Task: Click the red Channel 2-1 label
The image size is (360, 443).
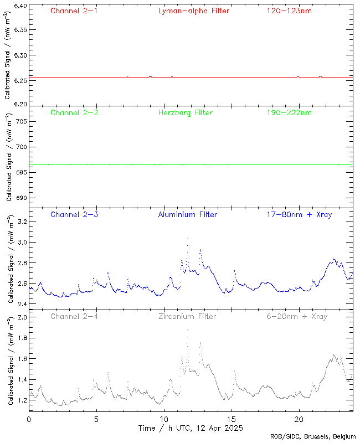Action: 74,11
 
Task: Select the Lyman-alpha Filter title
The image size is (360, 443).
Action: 193,11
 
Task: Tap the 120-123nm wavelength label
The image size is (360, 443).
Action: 289,11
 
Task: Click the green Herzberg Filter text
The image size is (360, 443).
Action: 185,112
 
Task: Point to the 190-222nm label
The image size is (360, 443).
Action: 289,112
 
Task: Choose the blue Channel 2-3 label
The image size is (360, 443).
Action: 74,214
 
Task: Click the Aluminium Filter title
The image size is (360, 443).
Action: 187,214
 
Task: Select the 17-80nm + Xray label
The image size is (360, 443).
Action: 299,214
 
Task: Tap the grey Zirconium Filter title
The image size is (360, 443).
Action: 187,316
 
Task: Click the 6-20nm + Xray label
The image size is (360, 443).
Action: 296,316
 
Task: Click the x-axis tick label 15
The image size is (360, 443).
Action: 232,419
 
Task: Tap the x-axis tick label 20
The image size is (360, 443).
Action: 299,419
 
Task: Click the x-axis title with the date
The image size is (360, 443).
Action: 191,428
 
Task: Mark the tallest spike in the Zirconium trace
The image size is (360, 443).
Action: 187,329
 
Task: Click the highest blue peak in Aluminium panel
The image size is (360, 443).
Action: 187,239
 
